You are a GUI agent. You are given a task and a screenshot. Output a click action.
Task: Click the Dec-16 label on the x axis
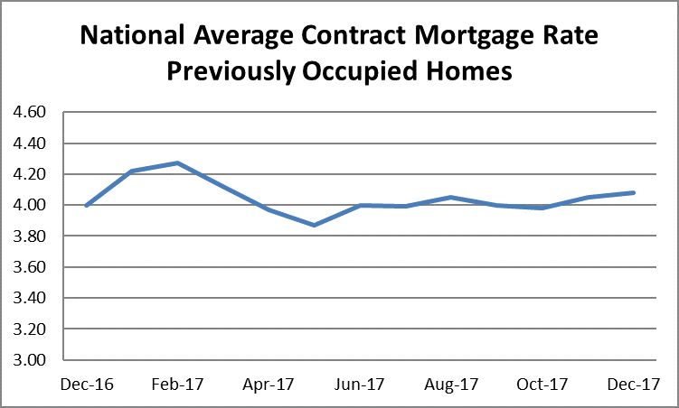click(x=87, y=385)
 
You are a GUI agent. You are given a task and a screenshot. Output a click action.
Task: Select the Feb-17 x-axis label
click(x=178, y=385)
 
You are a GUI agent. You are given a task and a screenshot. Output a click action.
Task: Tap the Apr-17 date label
click(x=269, y=385)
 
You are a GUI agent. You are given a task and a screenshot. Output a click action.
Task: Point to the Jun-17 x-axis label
click(x=360, y=385)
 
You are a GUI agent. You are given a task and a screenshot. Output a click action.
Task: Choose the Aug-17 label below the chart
click(x=451, y=385)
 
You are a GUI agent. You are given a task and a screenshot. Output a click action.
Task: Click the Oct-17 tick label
click(x=542, y=385)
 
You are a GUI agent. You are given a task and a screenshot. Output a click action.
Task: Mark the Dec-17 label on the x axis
click(x=633, y=385)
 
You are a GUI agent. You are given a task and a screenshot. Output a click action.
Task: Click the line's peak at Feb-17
click(x=178, y=163)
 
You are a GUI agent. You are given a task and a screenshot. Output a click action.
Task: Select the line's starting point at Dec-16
click(x=87, y=206)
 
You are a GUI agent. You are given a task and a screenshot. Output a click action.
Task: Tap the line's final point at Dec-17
click(x=633, y=192)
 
